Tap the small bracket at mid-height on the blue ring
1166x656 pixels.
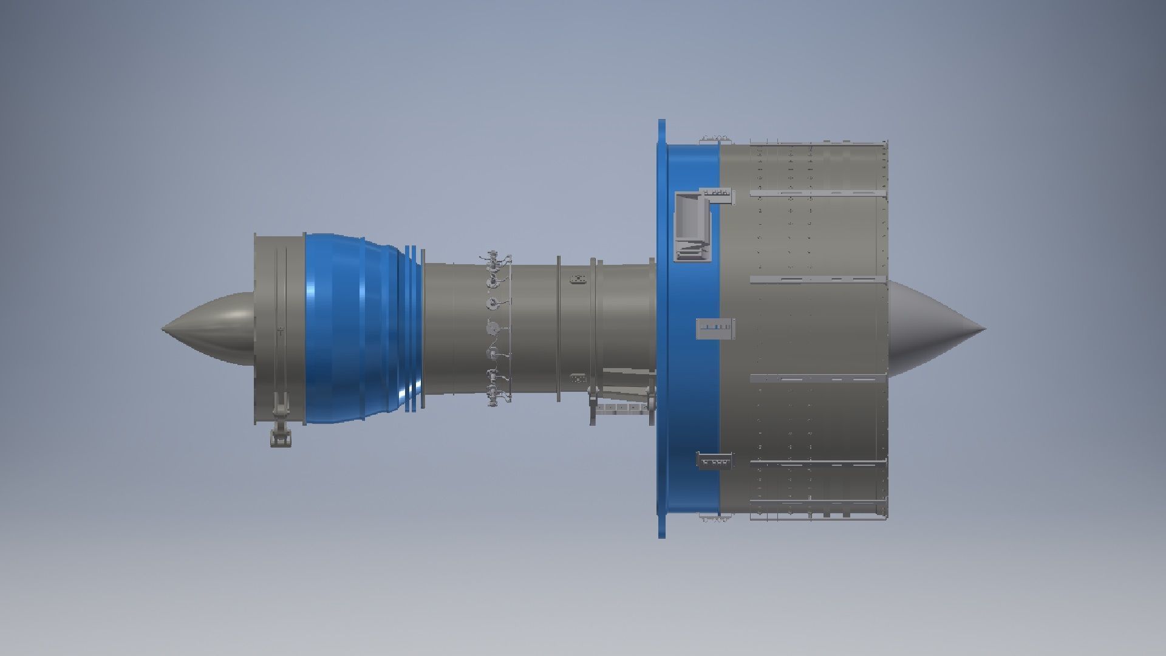coord(715,328)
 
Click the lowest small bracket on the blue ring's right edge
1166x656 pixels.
coord(714,461)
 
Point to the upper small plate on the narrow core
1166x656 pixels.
coord(578,279)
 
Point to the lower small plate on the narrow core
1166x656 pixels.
coord(578,378)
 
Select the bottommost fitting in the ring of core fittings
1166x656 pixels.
coord(498,398)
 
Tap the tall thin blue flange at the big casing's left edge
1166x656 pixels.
coord(661,328)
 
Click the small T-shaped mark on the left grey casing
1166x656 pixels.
coord(281,332)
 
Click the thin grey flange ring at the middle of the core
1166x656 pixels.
coord(558,328)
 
